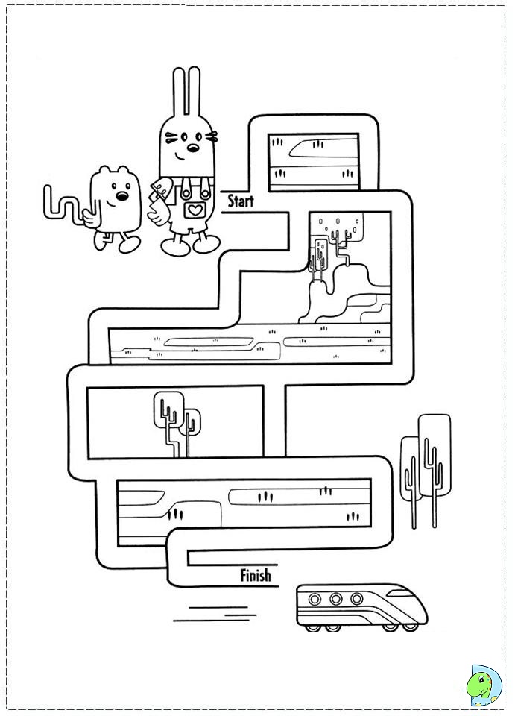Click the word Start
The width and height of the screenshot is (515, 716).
coord(241,201)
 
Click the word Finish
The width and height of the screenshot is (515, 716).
coord(256,575)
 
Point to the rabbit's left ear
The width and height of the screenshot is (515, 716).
coord(179,93)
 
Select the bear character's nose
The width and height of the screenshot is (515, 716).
coord(119,198)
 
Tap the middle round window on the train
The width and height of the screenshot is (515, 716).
coord(335,599)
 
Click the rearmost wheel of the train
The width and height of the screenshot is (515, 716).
coord(311,628)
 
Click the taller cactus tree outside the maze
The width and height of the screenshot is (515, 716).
coord(435,455)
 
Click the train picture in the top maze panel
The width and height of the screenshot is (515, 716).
coord(313,147)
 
